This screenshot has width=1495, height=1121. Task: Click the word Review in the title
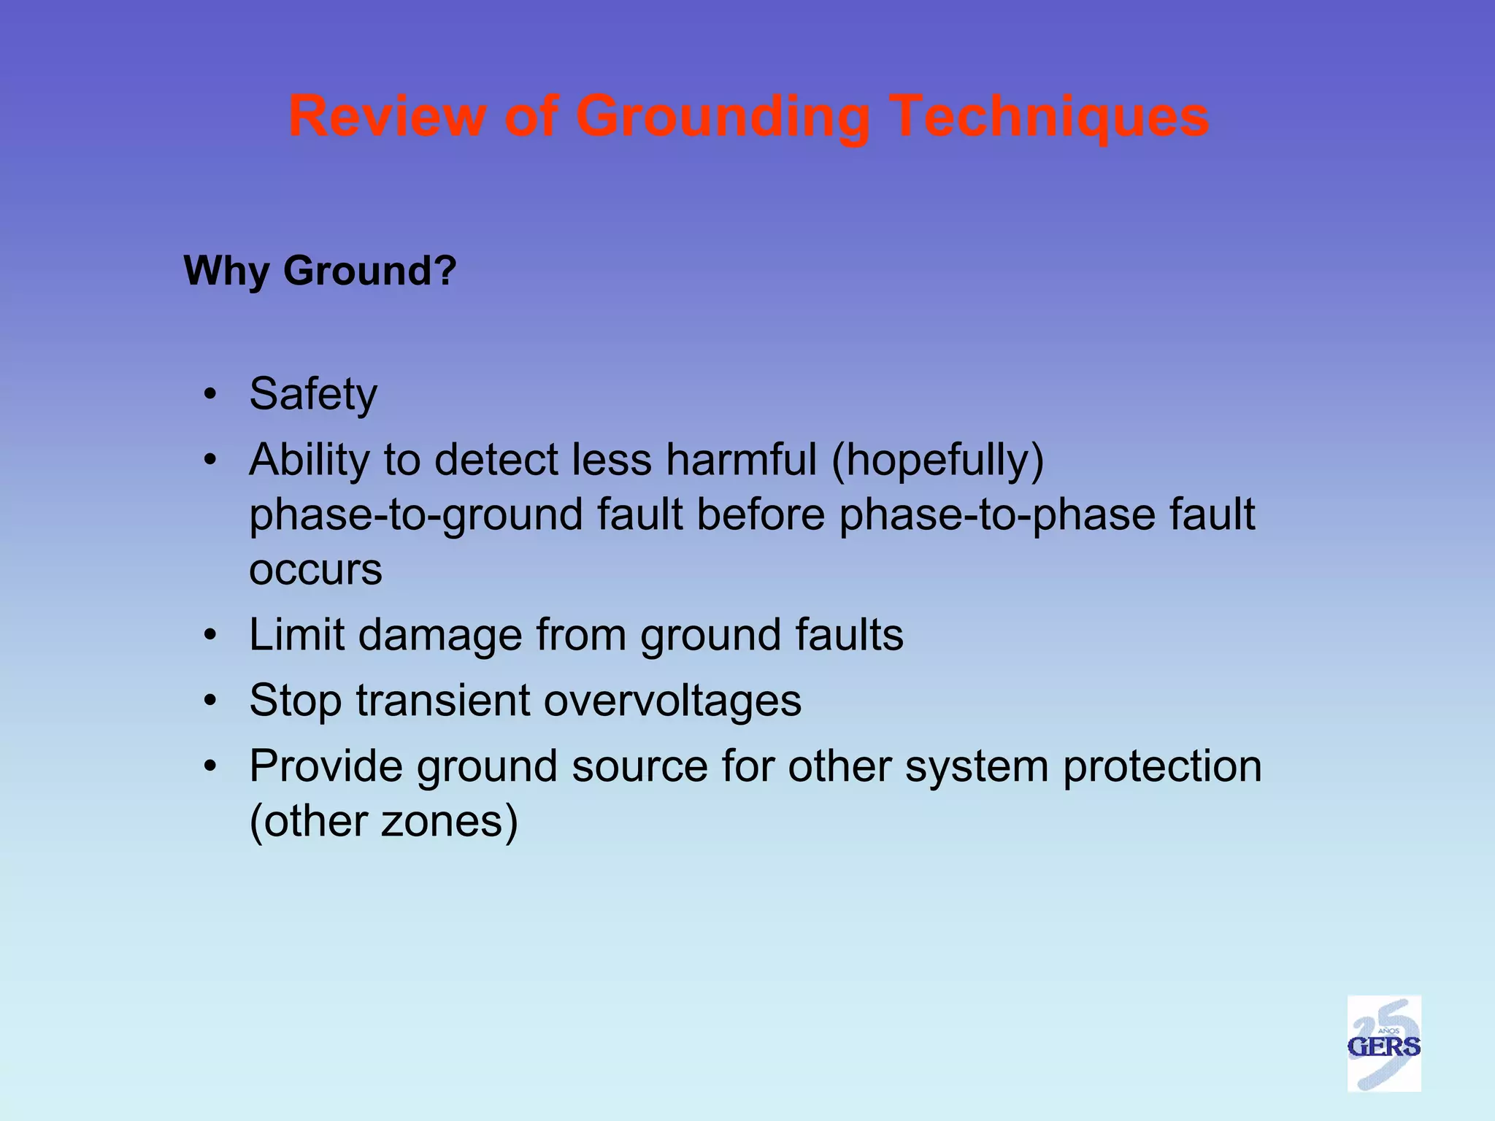387,116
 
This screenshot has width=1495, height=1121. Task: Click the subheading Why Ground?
320,271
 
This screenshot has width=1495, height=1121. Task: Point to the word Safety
313,395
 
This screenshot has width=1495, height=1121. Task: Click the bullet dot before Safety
211,395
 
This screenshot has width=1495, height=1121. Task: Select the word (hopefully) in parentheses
937,461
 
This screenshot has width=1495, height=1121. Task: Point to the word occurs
315,570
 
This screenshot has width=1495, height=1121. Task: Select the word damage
440,636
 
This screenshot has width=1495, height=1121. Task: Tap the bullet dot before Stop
211,701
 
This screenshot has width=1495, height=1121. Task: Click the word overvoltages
672,701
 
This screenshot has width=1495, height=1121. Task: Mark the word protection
1162,767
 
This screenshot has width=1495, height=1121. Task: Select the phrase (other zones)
383,821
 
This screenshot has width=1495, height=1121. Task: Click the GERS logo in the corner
1383,1044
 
